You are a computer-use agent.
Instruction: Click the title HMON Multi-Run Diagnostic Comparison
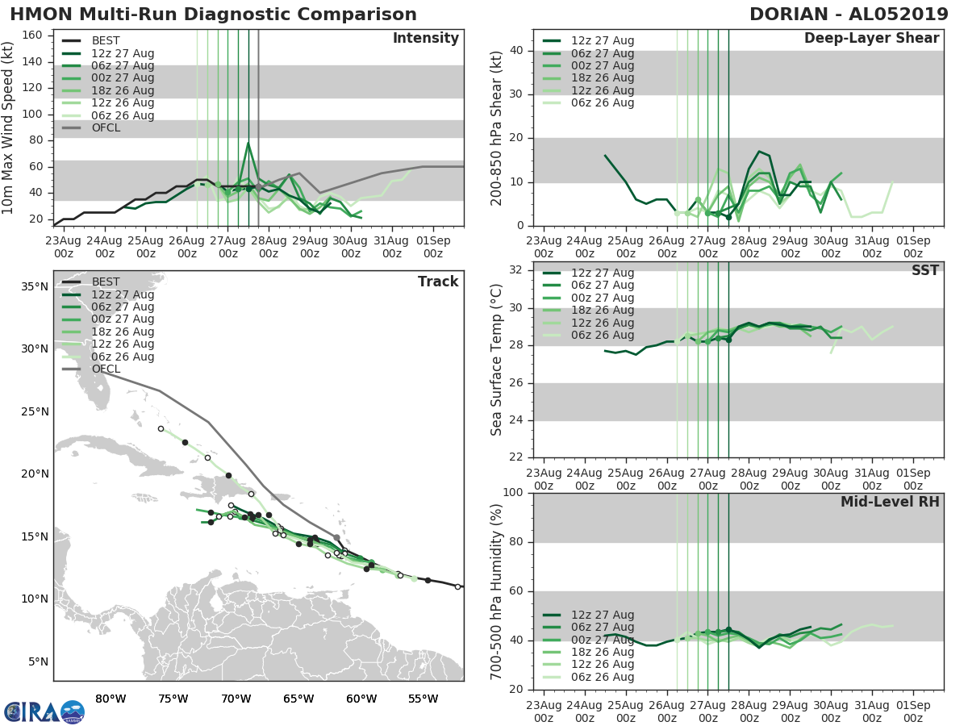coord(214,15)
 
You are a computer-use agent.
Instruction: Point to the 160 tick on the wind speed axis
coord(31,35)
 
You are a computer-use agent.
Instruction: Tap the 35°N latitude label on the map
coord(34,286)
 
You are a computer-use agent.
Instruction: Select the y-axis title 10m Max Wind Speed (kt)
coord(9,127)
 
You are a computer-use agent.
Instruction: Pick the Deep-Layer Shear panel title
coord(871,39)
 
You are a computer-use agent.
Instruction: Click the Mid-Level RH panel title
coord(890,502)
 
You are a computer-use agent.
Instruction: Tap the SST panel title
coord(924,270)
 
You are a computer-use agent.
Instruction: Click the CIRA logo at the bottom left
coord(44,711)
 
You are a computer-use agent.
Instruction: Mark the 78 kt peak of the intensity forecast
coord(248,144)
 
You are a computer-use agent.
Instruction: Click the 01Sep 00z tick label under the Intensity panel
coord(432,247)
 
